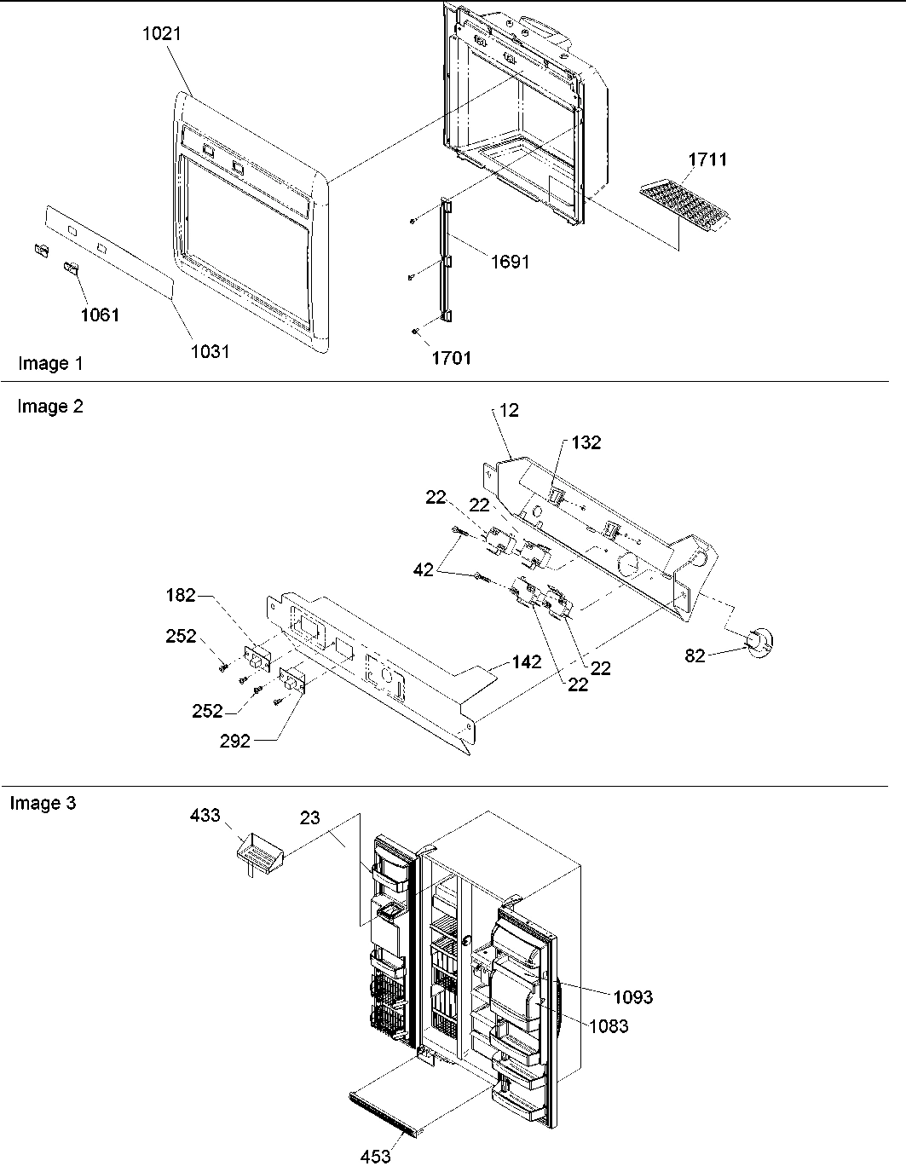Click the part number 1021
[162, 34]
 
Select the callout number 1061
[100, 315]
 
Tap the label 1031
[210, 351]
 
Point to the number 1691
[509, 262]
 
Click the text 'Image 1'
[50, 364]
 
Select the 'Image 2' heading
[50, 407]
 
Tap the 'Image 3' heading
[43, 803]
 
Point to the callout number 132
[586, 442]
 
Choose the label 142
[527, 661]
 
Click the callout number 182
[182, 595]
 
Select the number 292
[234, 741]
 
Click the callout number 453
[375, 1156]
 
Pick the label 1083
[608, 1025]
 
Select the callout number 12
[509, 410]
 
